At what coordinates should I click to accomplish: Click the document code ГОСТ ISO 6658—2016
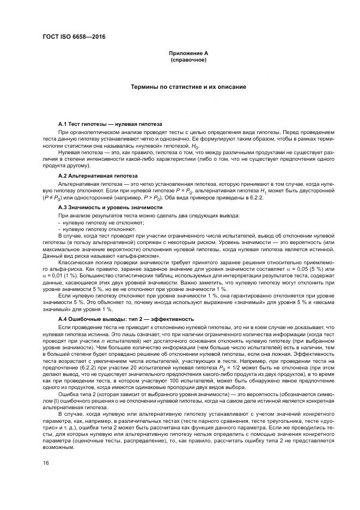pyautogui.click(x=74, y=37)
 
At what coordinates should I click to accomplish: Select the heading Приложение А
pyautogui.click(x=188, y=53)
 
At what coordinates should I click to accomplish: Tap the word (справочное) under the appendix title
pyautogui.click(x=188, y=59)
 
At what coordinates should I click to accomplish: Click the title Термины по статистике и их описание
pyautogui.click(x=188, y=87)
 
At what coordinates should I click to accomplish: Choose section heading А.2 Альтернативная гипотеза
pyautogui.click(x=97, y=177)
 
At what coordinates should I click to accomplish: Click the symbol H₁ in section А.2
pyautogui.click(x=264, y=192)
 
